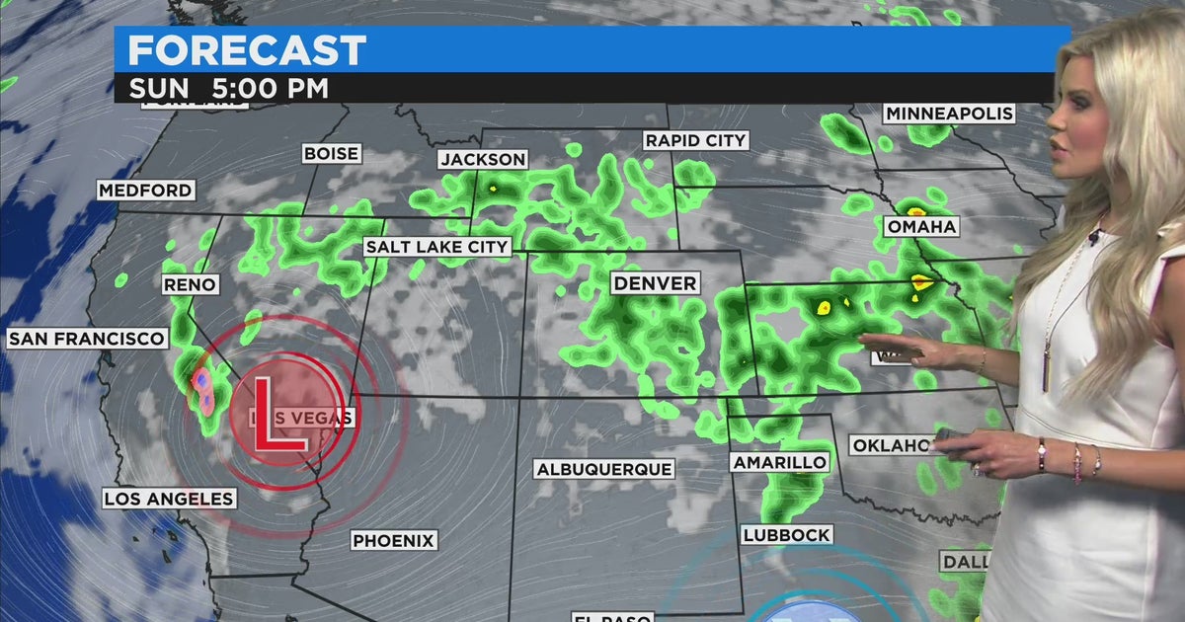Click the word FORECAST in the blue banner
pos(247,50)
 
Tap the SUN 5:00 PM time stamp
pos(228,88)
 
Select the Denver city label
pos(655,283)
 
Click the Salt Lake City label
pos(436,247)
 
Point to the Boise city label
pos(331,154)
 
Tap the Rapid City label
pos(695,140)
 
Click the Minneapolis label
pos(949,114)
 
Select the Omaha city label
pos(921,227)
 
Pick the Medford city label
pos(145,190)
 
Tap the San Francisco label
pos(86,339)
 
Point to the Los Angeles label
pos(169,499)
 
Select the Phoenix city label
pos(394,540)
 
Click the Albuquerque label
pos(603,469)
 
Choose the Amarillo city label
pos(779,462)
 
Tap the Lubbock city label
pos(786,535)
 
